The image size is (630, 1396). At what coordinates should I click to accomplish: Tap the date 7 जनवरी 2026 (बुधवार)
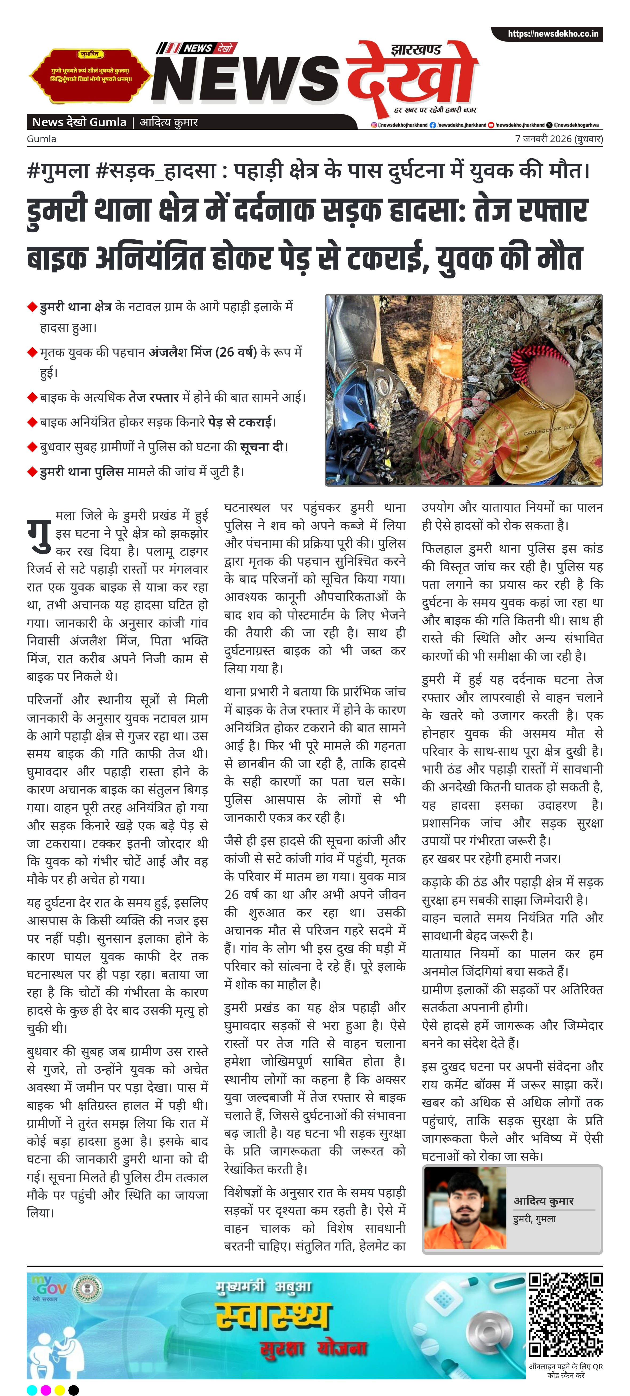[558, 139]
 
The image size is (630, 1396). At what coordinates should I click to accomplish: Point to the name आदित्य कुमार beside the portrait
[543, 1201]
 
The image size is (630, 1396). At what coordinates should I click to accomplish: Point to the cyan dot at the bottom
[32, 1390]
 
